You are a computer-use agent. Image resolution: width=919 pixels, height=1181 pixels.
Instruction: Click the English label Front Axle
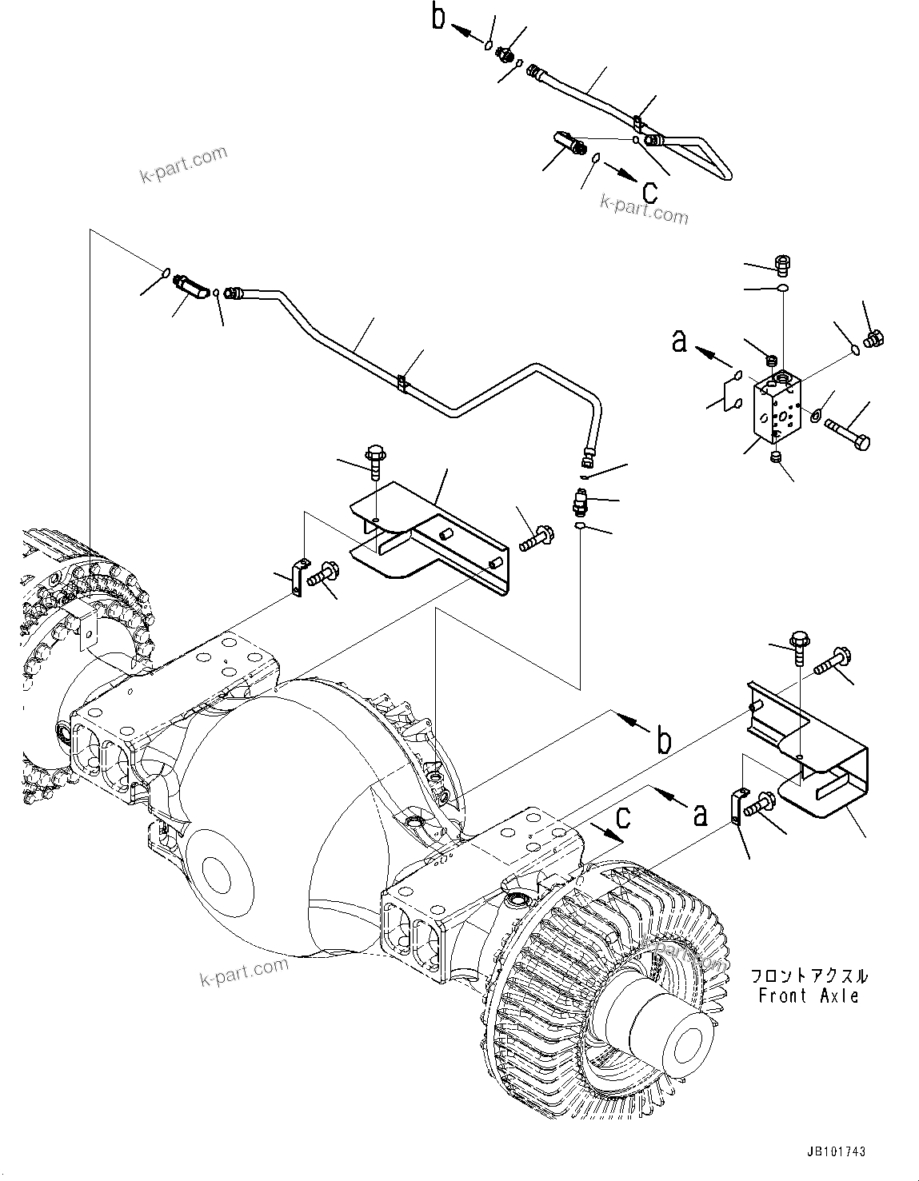809,996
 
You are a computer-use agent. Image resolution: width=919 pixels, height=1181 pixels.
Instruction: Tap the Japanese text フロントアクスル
808,976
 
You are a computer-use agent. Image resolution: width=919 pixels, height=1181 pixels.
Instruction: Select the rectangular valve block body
776,409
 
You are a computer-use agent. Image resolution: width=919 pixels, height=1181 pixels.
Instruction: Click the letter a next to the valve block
679,342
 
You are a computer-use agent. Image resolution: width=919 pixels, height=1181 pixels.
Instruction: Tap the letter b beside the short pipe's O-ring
438,18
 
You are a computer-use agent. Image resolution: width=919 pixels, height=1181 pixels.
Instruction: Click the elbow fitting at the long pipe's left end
191,285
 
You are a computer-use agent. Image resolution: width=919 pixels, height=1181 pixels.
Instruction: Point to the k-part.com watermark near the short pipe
644,209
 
